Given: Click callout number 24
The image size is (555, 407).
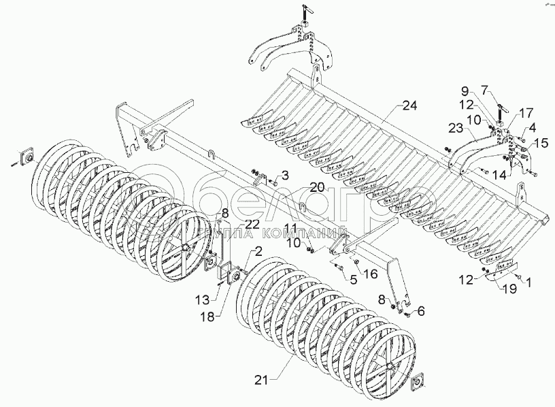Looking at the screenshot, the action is (x=409, y=105).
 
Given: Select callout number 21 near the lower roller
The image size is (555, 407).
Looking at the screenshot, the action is (x=262, y=380).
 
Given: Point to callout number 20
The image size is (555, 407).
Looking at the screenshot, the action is (x=317, y=187).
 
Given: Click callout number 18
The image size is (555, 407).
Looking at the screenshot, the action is (x=208, y=316).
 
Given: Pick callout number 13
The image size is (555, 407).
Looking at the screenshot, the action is (x=203, y=299).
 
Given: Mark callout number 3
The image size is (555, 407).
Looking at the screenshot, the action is (x=285, y=175).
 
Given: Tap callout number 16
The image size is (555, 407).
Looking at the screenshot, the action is (x=370, y=274).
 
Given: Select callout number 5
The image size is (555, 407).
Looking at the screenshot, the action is (x=353, y=280).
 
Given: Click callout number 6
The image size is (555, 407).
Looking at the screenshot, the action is (x=420, y=311).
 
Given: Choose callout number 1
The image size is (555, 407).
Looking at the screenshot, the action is (x=528, y=282).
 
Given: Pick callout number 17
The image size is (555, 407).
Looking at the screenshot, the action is (x=526, y=114).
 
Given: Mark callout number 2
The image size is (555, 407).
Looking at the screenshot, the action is (x=258, y=252).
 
